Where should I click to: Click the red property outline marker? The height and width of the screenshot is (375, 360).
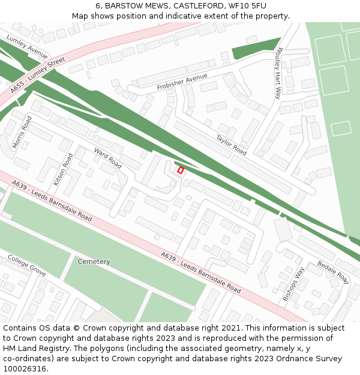(181, 170)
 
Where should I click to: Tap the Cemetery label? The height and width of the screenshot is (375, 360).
(94, 262)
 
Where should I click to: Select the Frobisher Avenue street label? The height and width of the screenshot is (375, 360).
(182, 82)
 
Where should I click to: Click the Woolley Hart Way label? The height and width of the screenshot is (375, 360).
(277, 74)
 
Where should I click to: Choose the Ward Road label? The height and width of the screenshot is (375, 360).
(108, 158)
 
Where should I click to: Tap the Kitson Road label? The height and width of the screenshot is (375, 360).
(63, 168)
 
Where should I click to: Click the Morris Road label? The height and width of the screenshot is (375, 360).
(22, 133)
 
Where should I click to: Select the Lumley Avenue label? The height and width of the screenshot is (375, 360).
(28, 46)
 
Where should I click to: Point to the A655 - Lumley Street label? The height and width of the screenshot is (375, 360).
(37, 75)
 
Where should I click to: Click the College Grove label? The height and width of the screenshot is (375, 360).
(26, 265)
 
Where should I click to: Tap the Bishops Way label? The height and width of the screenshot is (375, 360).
(293, 284)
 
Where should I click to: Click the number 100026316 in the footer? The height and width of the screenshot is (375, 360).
(25, 369)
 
